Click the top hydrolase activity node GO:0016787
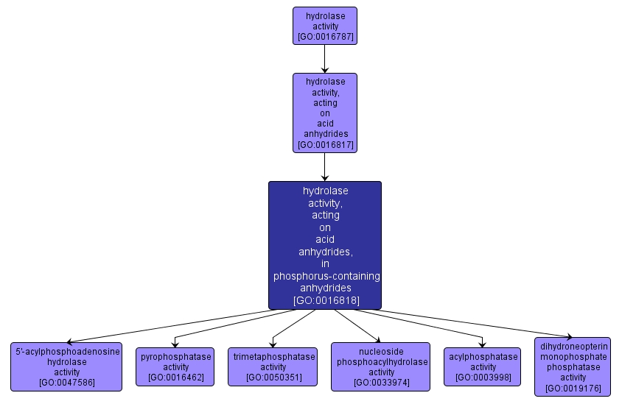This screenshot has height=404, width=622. (325, 26)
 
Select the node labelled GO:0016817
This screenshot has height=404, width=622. (325, 113)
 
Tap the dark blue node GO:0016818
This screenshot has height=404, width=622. (325, 245)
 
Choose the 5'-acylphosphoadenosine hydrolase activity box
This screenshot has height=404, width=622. (66, 366)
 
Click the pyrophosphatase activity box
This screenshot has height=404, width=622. (175, 366)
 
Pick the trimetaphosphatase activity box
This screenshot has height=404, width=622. (273, 366)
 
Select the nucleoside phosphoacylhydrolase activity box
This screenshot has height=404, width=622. (380, 366)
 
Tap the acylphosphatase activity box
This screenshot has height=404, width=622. (483, 366)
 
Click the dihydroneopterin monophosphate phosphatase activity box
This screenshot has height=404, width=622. (573, 366)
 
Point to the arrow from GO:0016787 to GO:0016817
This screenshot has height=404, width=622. (325, 59)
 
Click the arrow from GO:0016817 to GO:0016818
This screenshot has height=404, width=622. (325, 167)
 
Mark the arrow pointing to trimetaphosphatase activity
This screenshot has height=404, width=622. (293, 329)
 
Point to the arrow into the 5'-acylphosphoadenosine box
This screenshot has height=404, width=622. (170, 326)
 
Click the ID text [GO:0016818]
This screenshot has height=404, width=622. (326, 300)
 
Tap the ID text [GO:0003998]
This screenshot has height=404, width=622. (483, 377)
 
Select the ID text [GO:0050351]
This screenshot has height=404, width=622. (273, 377)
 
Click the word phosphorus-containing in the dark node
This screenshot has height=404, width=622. (326, 276)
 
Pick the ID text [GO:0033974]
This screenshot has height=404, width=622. (382, 382)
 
